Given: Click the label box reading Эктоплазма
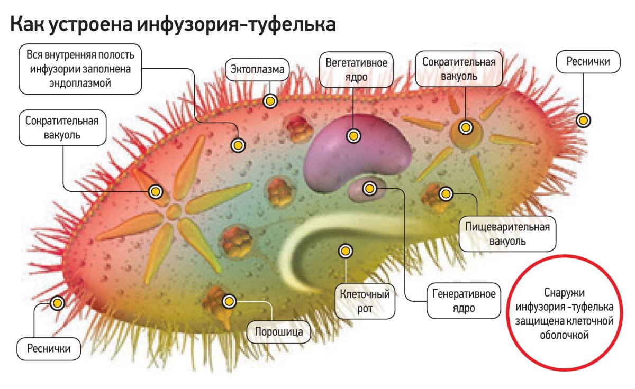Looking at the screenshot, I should tap(258, 69).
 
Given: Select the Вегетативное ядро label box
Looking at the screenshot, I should tap(356, 69).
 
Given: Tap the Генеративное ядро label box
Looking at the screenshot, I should tap(464, 301).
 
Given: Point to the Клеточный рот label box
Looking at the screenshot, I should tap(365, 301).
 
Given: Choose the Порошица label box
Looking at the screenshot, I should tap(279, 332).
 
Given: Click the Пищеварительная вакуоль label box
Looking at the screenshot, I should tap(507, 234).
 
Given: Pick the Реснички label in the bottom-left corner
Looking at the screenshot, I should tap(51, 348).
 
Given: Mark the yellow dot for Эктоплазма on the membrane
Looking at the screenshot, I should tap(270, 101).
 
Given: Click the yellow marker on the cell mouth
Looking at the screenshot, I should tap(346, 252).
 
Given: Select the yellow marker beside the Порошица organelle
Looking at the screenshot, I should tap(229, 301).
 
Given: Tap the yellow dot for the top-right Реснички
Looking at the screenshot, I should tap(584, 121).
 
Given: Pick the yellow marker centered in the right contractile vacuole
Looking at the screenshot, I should tap(466, 127).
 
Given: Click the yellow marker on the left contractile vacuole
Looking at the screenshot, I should tap(155, 191).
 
